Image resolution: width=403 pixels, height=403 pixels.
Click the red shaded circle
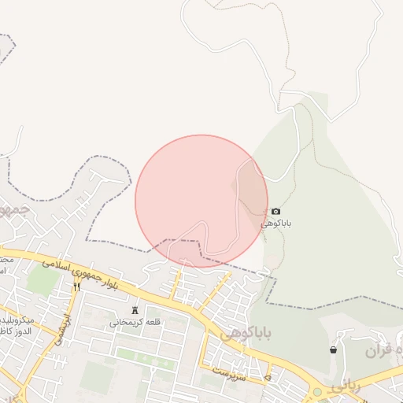pyautogui.click(x=201, y=201)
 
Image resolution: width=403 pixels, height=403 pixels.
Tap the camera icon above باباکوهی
pyautogui.click(x=275, y=211)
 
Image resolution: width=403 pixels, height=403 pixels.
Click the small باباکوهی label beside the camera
pyautogui.click(x=278, y=224)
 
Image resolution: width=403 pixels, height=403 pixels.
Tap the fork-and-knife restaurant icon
pyautogui.click(x=76, y=287)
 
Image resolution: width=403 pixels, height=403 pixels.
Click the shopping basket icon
pyautogui.click(x=333, y=349)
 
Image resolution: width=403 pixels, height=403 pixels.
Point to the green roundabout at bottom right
pyautogui.click(x=317, y=391)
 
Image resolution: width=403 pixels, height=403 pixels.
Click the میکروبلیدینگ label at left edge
pyautogui.click(x=16, y=321)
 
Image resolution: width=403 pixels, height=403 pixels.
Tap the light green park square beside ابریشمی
pyautogui.click(x=43, y=280)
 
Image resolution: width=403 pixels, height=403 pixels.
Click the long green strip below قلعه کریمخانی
pyautogui.click(x=146, y=358)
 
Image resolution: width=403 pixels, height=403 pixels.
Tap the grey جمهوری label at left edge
pyautogui.click(x=11, y=211)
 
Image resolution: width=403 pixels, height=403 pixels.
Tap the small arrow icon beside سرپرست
pyautogui.click(x=268, y=378)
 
